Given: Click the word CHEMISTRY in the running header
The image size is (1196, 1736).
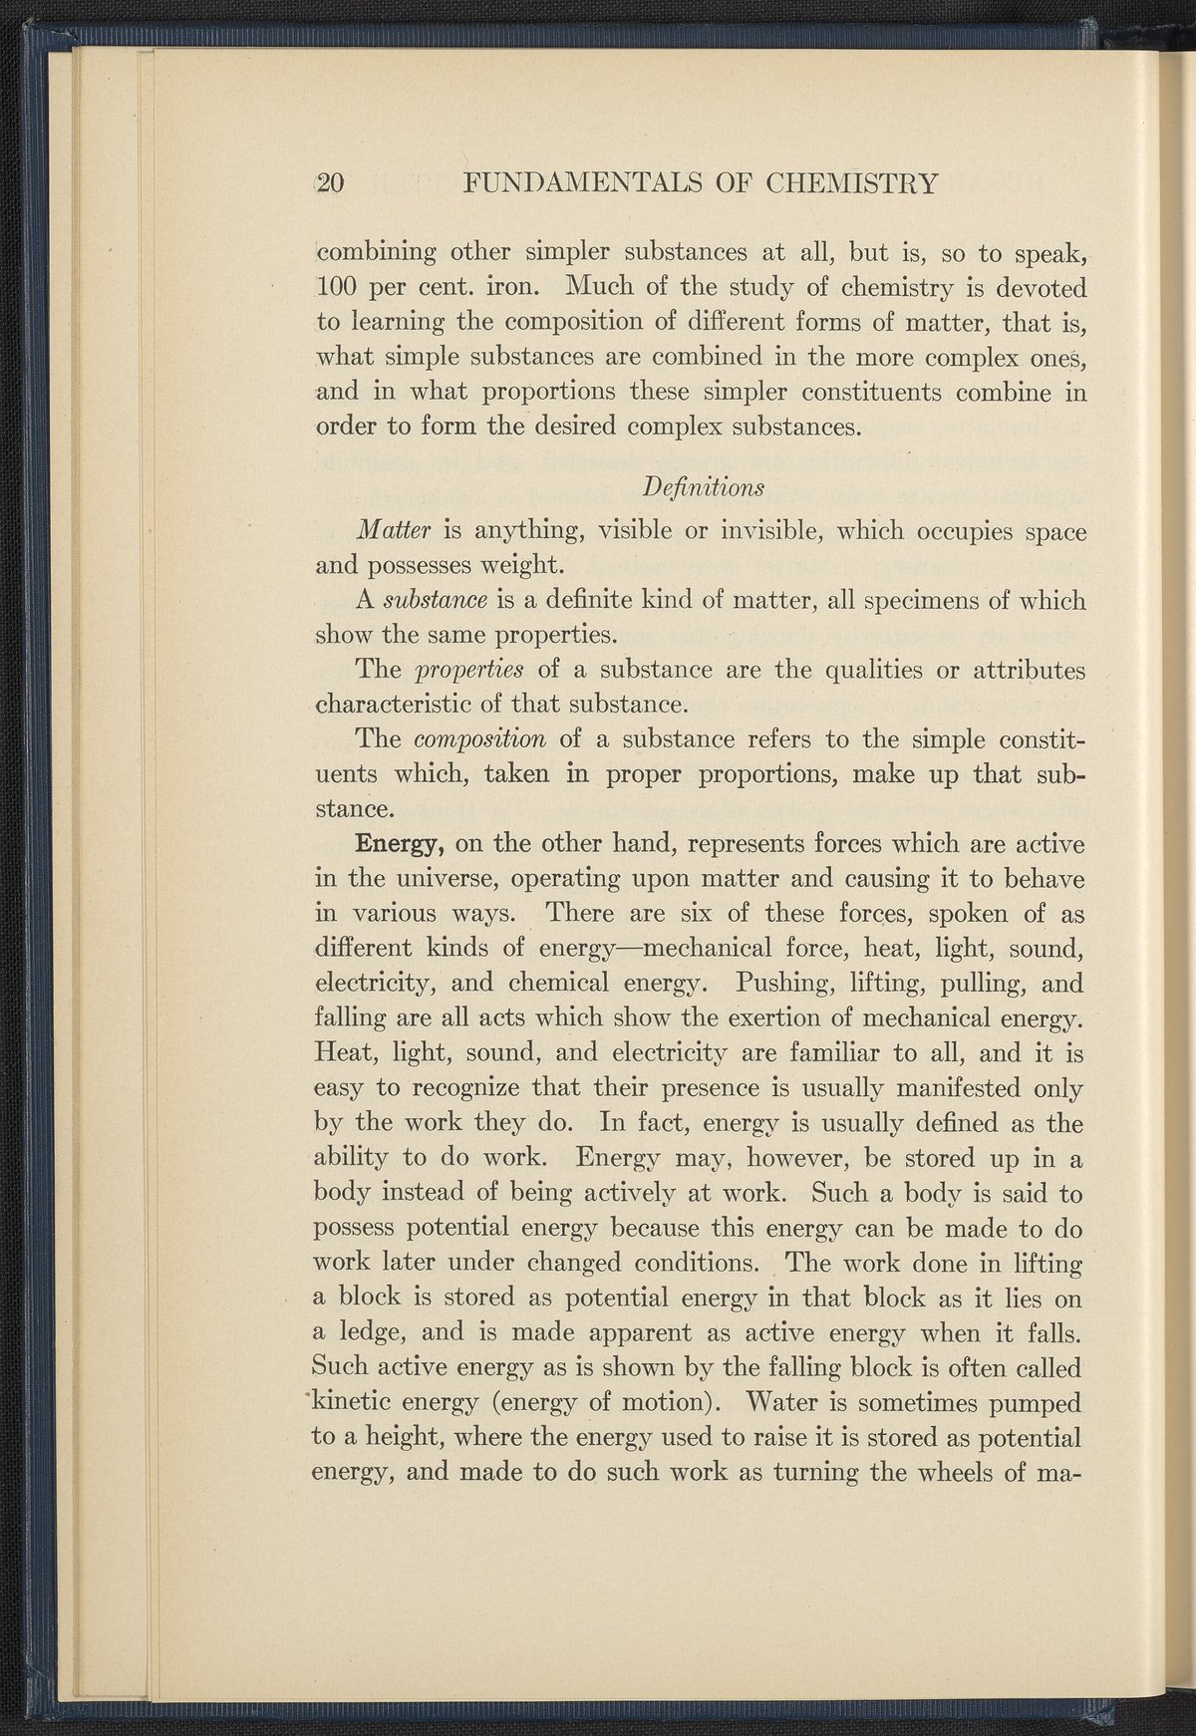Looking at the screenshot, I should [x=852, y=183].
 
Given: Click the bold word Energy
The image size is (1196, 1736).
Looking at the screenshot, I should [x=399, y=845].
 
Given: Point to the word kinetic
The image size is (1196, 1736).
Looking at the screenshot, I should [x=361, y=1402].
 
